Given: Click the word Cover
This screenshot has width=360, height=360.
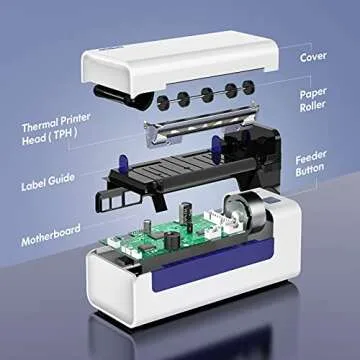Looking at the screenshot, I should (314, 57).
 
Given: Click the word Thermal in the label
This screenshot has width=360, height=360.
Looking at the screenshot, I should (40, 127).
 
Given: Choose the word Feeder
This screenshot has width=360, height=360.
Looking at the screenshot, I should (315, 157).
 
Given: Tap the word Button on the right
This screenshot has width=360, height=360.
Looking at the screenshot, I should (315, 171).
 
